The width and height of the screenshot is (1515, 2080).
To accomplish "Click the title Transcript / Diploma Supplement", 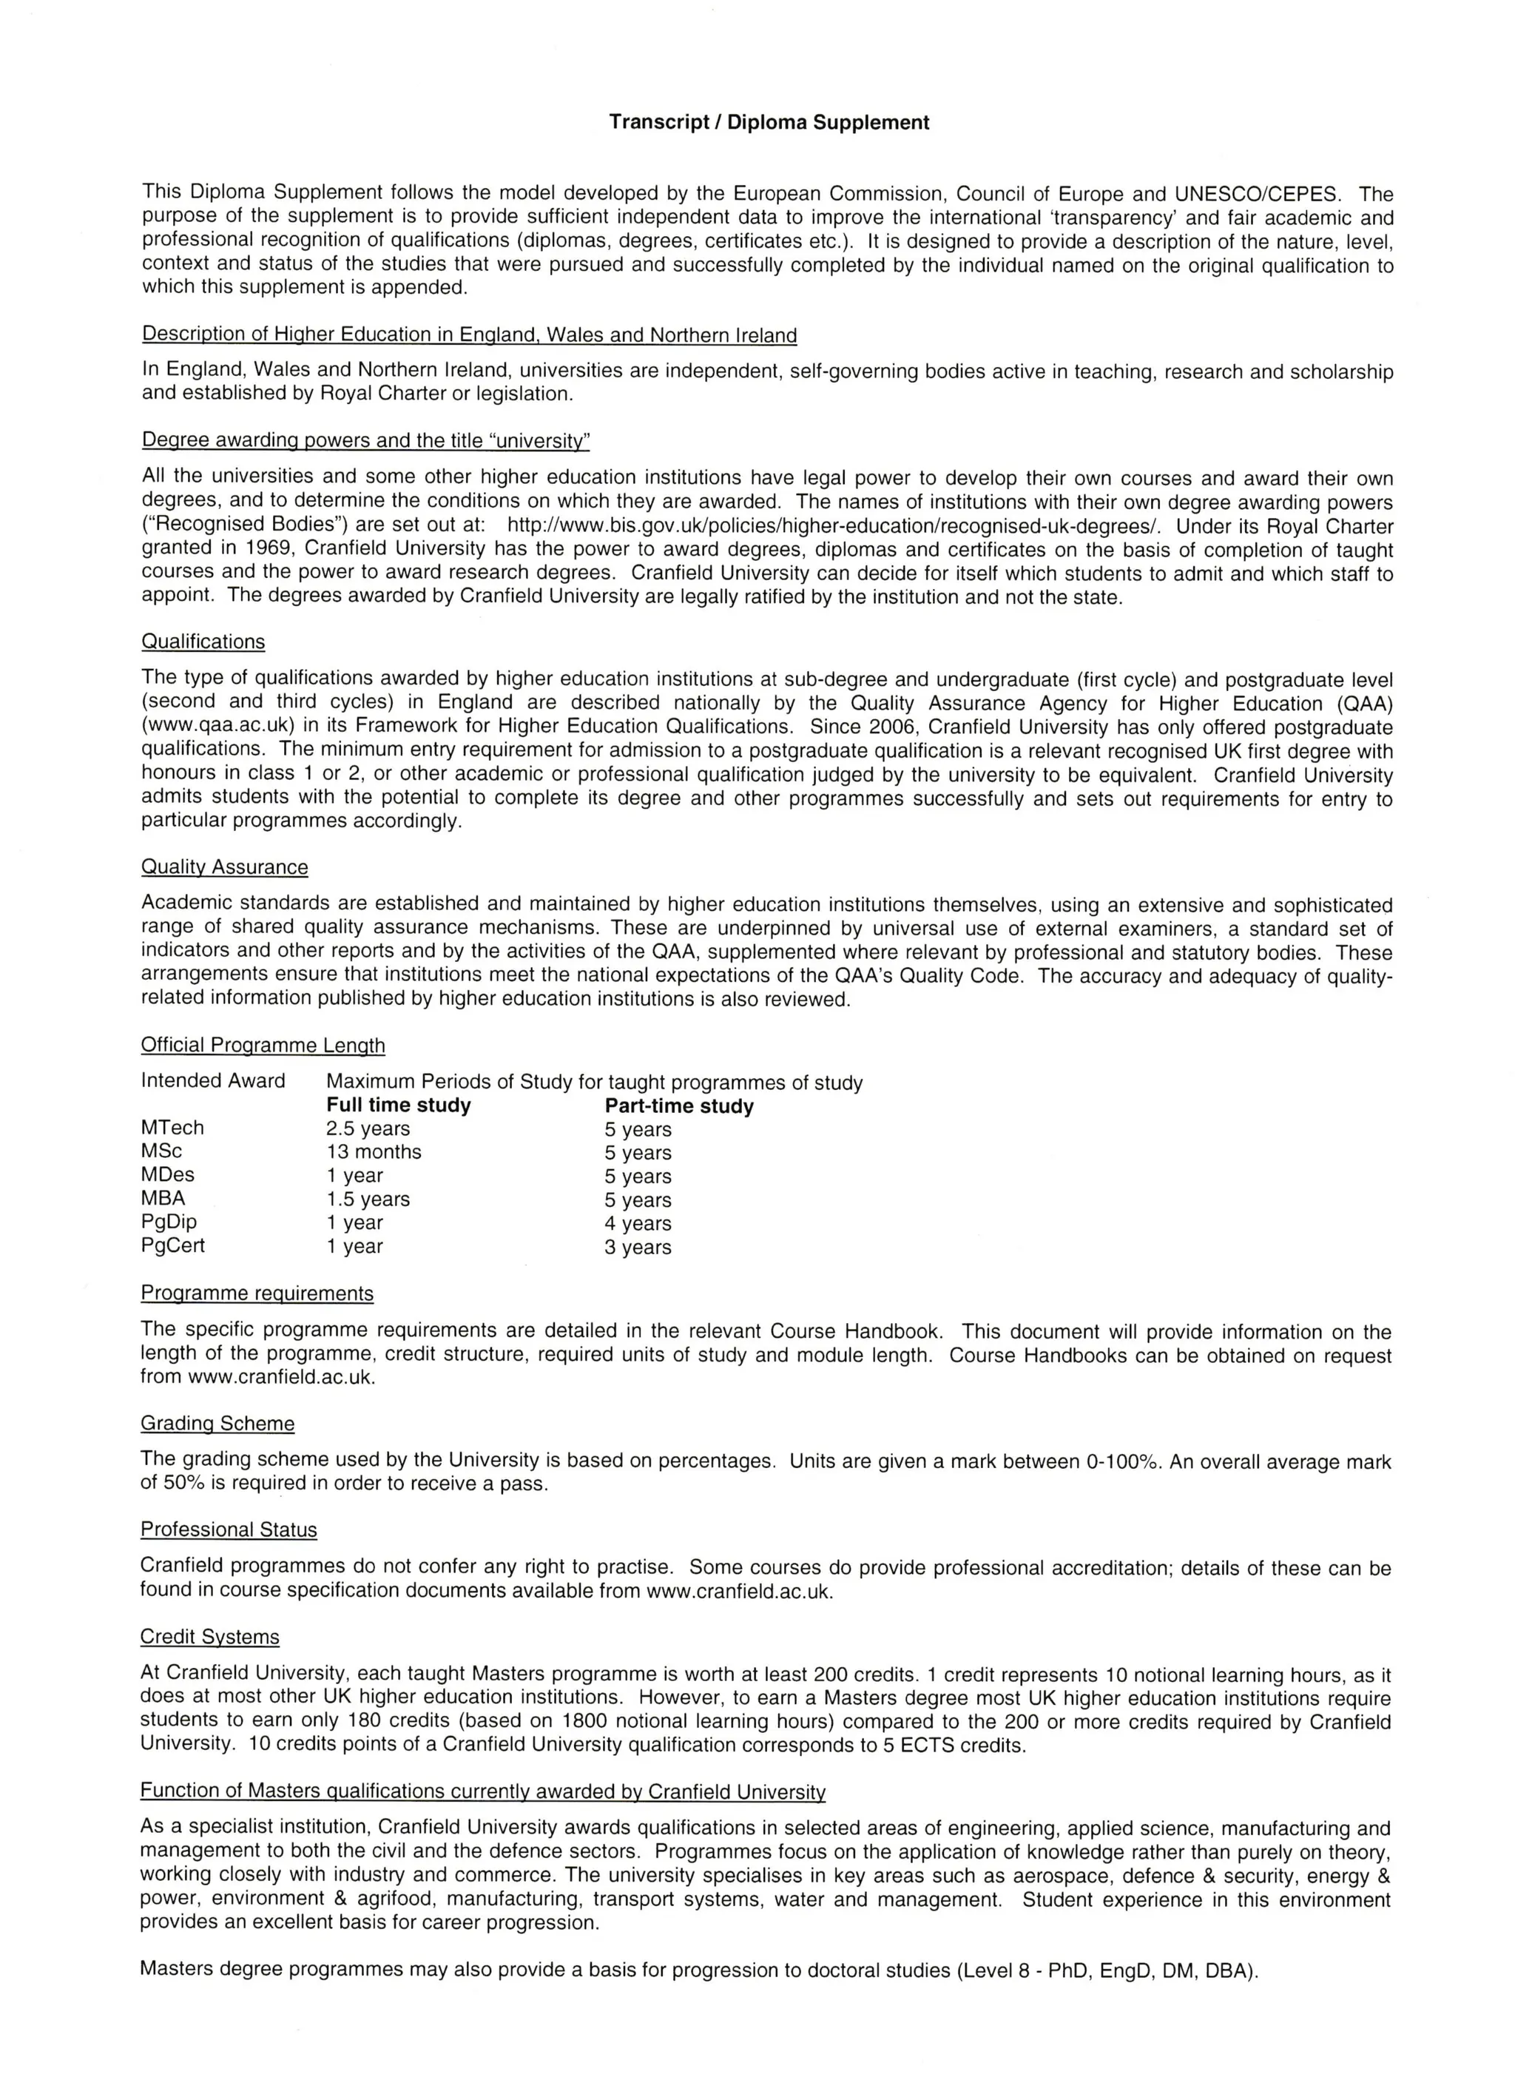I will tap(769, 123).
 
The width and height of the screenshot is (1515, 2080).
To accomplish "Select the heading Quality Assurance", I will tap(225, 866).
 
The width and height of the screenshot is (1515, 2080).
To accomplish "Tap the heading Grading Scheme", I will tap(217, 1424).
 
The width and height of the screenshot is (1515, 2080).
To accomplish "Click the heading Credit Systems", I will tap(210, 1637).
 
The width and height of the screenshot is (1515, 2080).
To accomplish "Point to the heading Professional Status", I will tap(229, 1529).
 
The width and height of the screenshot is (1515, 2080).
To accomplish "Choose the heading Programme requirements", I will tap(257, 1293).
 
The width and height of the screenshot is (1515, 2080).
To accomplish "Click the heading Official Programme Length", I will tap(263, 1046).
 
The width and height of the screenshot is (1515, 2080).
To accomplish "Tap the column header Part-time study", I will tap(678, 1106).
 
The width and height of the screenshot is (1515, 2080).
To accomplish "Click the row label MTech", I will tap(172, 1128).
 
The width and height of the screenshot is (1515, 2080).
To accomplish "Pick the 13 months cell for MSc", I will tap(374, 1152).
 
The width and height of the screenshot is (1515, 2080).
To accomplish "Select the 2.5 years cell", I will tap(368, 1129).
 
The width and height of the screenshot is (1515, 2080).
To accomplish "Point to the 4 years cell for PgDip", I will tap(638, 1223).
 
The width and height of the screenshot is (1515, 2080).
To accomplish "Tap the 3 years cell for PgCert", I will tap(638, 1248).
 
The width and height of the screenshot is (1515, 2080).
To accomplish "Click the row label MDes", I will tap(168, 1175).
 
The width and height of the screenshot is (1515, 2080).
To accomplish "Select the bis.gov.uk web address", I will tap(834, 525).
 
